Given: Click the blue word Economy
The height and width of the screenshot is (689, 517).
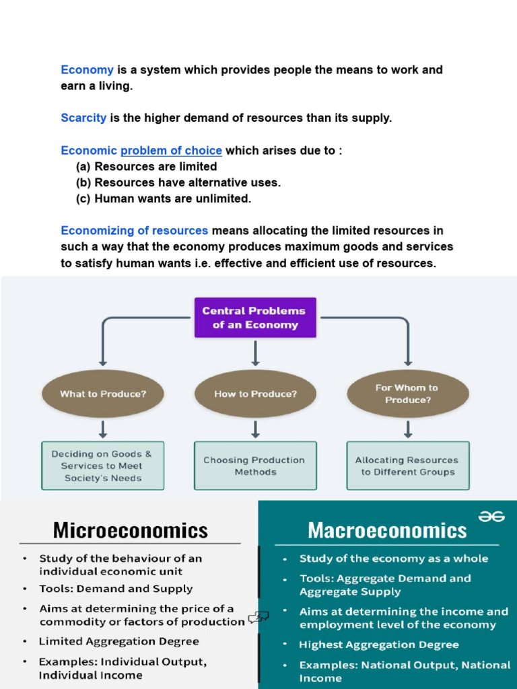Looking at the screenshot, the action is pos(87,70).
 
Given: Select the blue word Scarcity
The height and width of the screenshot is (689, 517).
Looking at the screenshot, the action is pos(83,118).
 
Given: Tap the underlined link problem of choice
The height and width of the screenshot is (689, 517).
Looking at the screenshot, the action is pos(171,151).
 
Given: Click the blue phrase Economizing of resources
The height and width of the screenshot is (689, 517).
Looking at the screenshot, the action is pos(134,231).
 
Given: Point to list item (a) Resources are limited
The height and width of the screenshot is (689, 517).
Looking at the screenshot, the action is pos(146,167).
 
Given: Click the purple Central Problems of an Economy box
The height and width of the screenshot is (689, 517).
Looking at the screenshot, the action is pos(254,318).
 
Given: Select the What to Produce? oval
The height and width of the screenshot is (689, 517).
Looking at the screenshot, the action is pos(102,394).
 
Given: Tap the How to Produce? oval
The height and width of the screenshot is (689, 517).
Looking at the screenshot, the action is pos(255,394).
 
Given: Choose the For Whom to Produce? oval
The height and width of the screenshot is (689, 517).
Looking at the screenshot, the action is pos(407,394).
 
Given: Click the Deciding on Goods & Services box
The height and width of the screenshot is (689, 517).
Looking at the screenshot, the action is pos(102,466).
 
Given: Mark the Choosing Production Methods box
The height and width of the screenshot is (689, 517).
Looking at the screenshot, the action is pos(255,466).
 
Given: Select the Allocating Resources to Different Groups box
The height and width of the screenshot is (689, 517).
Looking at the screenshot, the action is pos(407,466).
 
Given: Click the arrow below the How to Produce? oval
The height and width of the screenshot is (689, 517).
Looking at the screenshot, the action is pos(255,429).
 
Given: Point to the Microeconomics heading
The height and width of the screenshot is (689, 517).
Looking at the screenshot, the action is pos(131,530).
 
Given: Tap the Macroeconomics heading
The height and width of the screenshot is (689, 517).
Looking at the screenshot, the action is pos(387,530).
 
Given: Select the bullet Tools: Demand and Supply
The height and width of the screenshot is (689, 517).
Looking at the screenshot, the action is pos(116,589).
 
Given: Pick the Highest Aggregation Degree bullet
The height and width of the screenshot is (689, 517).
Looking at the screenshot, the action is pos(379,645).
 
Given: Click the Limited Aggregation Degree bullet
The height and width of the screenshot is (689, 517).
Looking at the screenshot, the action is pos(118,641).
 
